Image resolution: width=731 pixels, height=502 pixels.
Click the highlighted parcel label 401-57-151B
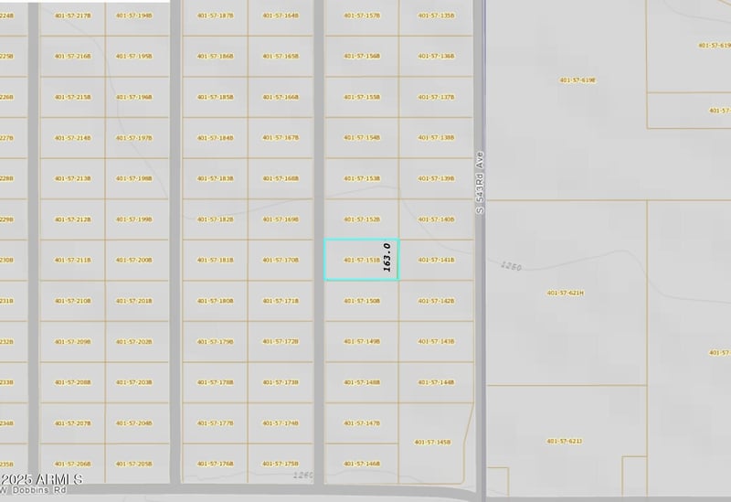pyautogui.click(x=362, y=260)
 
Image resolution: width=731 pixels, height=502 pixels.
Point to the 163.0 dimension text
pyautogui.click(x=387, y=257)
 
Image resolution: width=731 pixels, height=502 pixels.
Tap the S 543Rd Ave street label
pyautogui.click(x=479, y=183)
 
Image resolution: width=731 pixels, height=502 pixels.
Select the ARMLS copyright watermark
pyautogui.click(x=42, y=479)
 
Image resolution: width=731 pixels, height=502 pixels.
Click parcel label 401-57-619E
pyautogui.click(x=577, y=80)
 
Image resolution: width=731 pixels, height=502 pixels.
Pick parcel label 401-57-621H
pyautogui.click(x=566, y=293)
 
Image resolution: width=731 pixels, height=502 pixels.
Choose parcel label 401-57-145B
pyautogui.click(x=432, y=442)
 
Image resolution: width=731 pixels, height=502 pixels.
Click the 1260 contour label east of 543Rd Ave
pyautogui.click(x=511, y=266)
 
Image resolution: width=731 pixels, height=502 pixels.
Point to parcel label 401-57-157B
pyautogui.click(x=362, y=16)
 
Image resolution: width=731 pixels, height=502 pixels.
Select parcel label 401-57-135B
pyautogui.click(x=436, y=16)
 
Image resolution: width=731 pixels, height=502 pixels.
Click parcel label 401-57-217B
pyautogui.click(x=72, y=16)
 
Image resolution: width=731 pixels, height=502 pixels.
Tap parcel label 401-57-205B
pyautogui.click(x=133, y=464)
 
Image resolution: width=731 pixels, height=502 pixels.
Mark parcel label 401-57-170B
pyautogui.click(x=281, y=260)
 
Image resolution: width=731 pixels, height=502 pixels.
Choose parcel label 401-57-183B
pyautogui.click(x=215, y=178)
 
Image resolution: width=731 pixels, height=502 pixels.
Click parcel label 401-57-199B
pyautogui.click(x=133, y=219)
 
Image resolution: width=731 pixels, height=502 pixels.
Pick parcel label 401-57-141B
pyautogui.click(x=436, y=260)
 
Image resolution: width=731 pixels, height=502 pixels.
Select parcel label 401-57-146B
pyautogui.click(x=362, y=464)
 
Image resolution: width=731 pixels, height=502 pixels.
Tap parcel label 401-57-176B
pyautogui.click(x=215, y=464)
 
